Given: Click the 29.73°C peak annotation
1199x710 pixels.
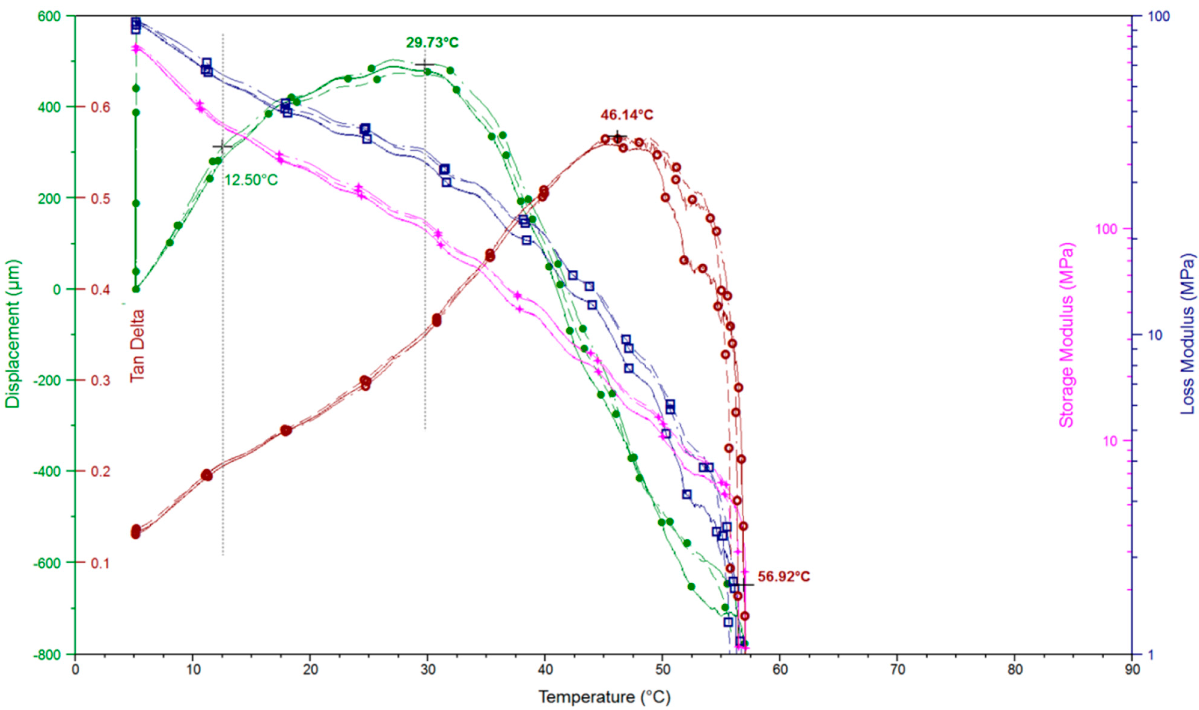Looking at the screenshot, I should point(432,43).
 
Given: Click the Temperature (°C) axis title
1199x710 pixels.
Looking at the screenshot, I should point(605,698).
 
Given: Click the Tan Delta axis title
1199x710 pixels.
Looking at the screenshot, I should point(137,345).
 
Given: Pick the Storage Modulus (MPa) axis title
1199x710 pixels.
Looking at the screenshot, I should point(1066,335).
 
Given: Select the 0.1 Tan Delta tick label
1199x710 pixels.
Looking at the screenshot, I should point(100,563).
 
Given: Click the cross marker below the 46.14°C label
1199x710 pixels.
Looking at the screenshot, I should point(618,137).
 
